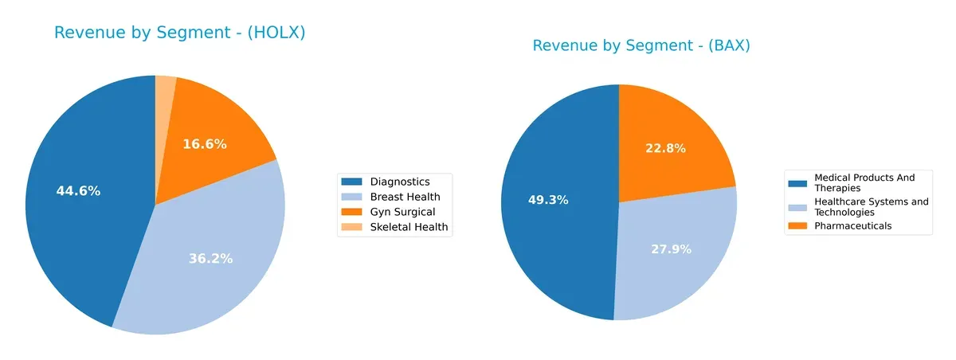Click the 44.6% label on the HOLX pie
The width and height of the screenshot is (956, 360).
[78, 191]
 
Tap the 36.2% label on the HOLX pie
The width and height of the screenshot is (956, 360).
[210, 259]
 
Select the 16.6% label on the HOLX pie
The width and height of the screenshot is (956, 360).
[205, 144]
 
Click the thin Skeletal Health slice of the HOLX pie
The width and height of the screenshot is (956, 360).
[165, 89]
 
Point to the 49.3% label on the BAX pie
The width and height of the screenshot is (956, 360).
[548, 200]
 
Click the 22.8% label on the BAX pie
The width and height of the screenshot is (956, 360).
[664, 148]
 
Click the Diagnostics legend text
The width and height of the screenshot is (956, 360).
[400, 182]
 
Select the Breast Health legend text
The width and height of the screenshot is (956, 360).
[405, 197]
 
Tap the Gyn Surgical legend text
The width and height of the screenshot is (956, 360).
[402, 212]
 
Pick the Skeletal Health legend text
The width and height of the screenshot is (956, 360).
[409, 227]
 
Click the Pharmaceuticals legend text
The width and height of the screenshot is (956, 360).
[852, 226]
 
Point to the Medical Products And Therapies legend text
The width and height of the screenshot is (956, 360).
[864, 182]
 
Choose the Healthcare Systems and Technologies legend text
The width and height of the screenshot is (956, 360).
[871, 207]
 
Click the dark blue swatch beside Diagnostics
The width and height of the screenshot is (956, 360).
[352, 182]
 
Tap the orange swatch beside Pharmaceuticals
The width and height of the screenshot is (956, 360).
[797, 226]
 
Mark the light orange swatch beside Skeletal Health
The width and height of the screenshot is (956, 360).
[352, 227]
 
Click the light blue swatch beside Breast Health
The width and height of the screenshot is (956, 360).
[352, 197]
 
